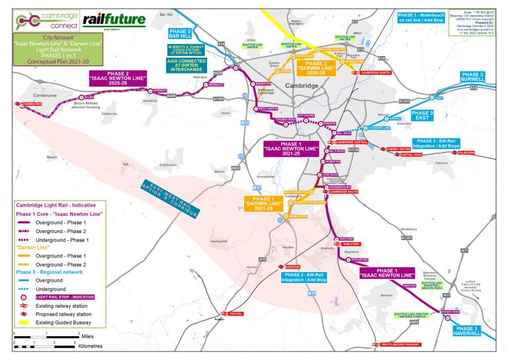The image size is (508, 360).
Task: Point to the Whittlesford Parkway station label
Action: coord(396,344)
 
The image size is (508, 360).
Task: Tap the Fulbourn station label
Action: coord(466,152)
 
